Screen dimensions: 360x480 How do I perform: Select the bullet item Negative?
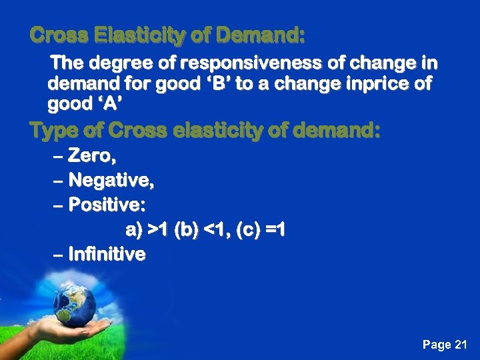tap(111, 181)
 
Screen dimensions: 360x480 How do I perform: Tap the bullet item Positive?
tap(105, 205)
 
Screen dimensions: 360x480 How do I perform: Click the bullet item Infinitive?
tap(107, 254)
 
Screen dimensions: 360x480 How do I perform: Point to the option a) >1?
tap(147, 231)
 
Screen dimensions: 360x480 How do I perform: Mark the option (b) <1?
tap(197, 231)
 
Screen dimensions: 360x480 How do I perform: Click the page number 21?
tap(461, 345)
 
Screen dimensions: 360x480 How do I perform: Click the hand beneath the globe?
tap(67, 330)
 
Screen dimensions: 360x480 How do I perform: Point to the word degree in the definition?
tap(119, 64)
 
